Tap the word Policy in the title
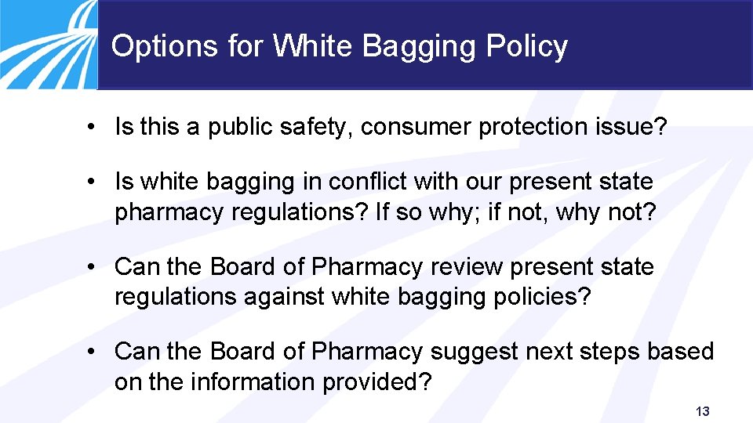pyautogui.click(x=526, y=47)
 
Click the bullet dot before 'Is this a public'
pyautogui.click(x=93, y=128)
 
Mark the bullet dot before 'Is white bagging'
pyautogui.click(x=93, y=183)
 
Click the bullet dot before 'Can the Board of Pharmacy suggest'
pyautogui.click(x=93, y=352)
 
